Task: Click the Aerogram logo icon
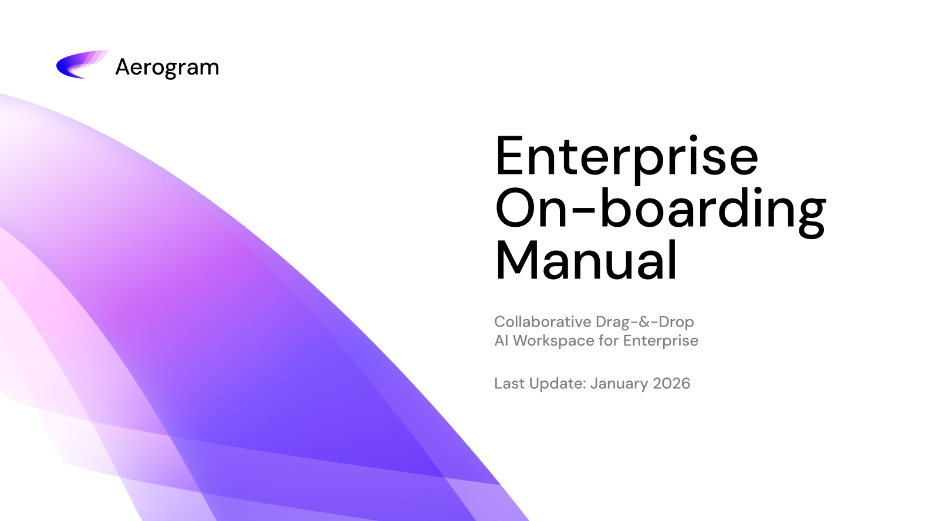[82, 65]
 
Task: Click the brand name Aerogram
[167, 68]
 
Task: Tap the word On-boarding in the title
[661, 210]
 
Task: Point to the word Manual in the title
[586, 260]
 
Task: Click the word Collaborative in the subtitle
[542, 321]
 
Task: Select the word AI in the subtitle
[501, 341]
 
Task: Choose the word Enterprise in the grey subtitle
[661, 341]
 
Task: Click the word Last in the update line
[509, 383]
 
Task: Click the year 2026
[671, 383]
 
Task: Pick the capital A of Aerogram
[123, 67]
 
